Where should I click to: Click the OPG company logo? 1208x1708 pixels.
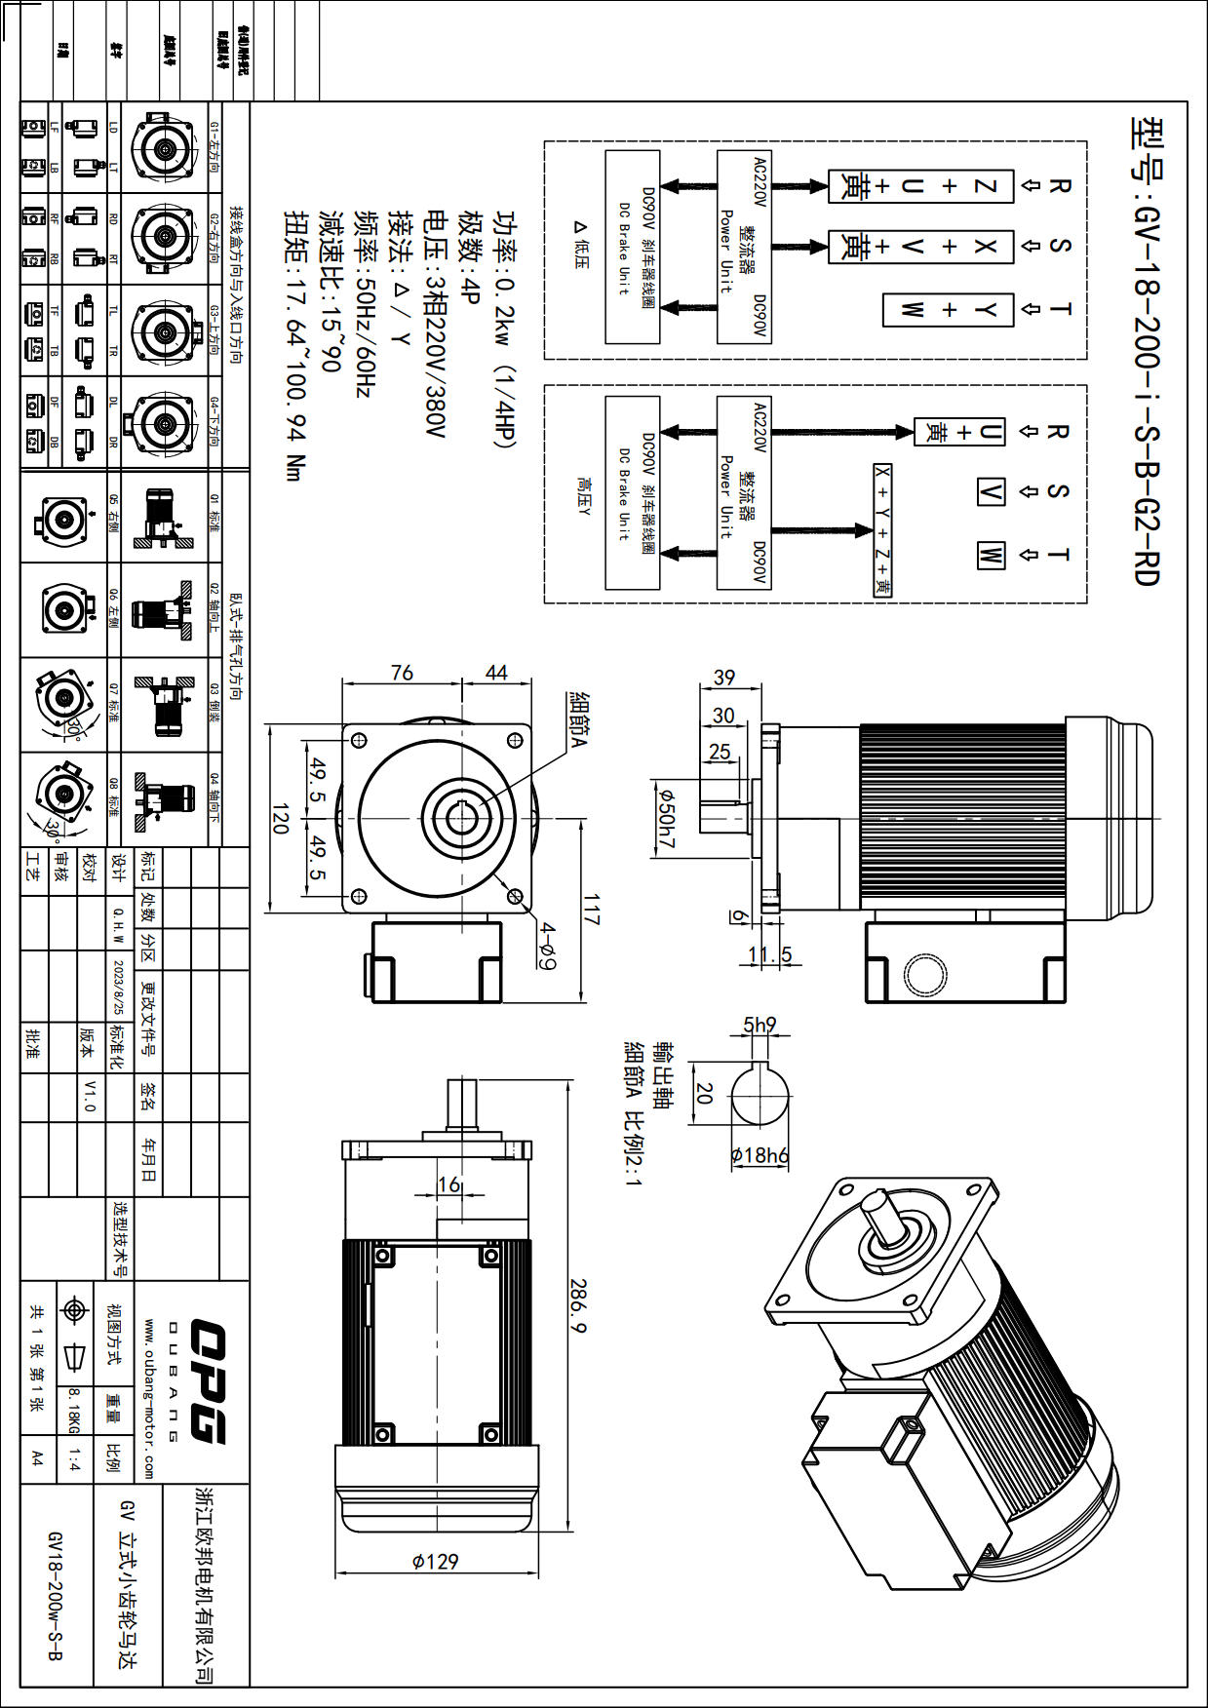(x=208, y=1380)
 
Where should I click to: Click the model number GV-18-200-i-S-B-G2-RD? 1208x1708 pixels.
(x=1147, y=351)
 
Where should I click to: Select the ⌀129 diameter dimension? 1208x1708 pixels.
(x=435, y=1561)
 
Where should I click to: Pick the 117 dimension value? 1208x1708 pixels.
(x=592, y=909)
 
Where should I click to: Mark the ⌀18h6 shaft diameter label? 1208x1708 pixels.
(x=760, y=1155)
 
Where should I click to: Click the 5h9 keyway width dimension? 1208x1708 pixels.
(x=760, y=1025)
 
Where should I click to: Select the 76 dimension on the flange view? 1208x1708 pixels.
(x=402, y=673)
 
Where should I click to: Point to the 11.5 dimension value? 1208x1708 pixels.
(x=770, y=954)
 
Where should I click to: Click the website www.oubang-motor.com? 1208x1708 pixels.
(x=149, y=1398)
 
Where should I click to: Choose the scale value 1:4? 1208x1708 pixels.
(x=75, y=1459)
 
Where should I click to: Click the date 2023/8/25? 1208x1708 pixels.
(x=119, y=986)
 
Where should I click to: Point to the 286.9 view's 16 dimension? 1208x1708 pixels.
(x=448, y=1184)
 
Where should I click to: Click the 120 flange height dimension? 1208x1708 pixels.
(x=280, y=818)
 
